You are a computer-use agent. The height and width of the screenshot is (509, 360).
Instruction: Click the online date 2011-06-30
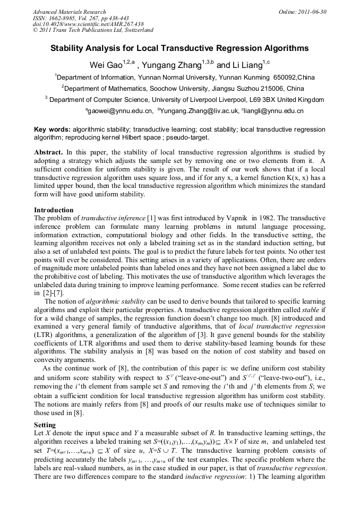pyautogui.click(x=313, y=12)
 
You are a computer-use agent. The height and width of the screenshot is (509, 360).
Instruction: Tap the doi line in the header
pyautogui.click(x=88, y=24)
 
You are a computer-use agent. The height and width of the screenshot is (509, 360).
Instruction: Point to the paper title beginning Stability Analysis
pyautogui.click(x=179, y=48)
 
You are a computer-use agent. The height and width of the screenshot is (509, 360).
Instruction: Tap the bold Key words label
pyautogui.click(x=52, y=129)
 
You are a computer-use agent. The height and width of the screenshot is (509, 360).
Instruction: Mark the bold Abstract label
pyautogui.click(x=48, y=152)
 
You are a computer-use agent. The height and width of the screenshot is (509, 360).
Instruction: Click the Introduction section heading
pyautogui.click(x=54, y=210)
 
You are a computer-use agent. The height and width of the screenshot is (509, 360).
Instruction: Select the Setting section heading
pyautogui.click(x=46, y=425)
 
